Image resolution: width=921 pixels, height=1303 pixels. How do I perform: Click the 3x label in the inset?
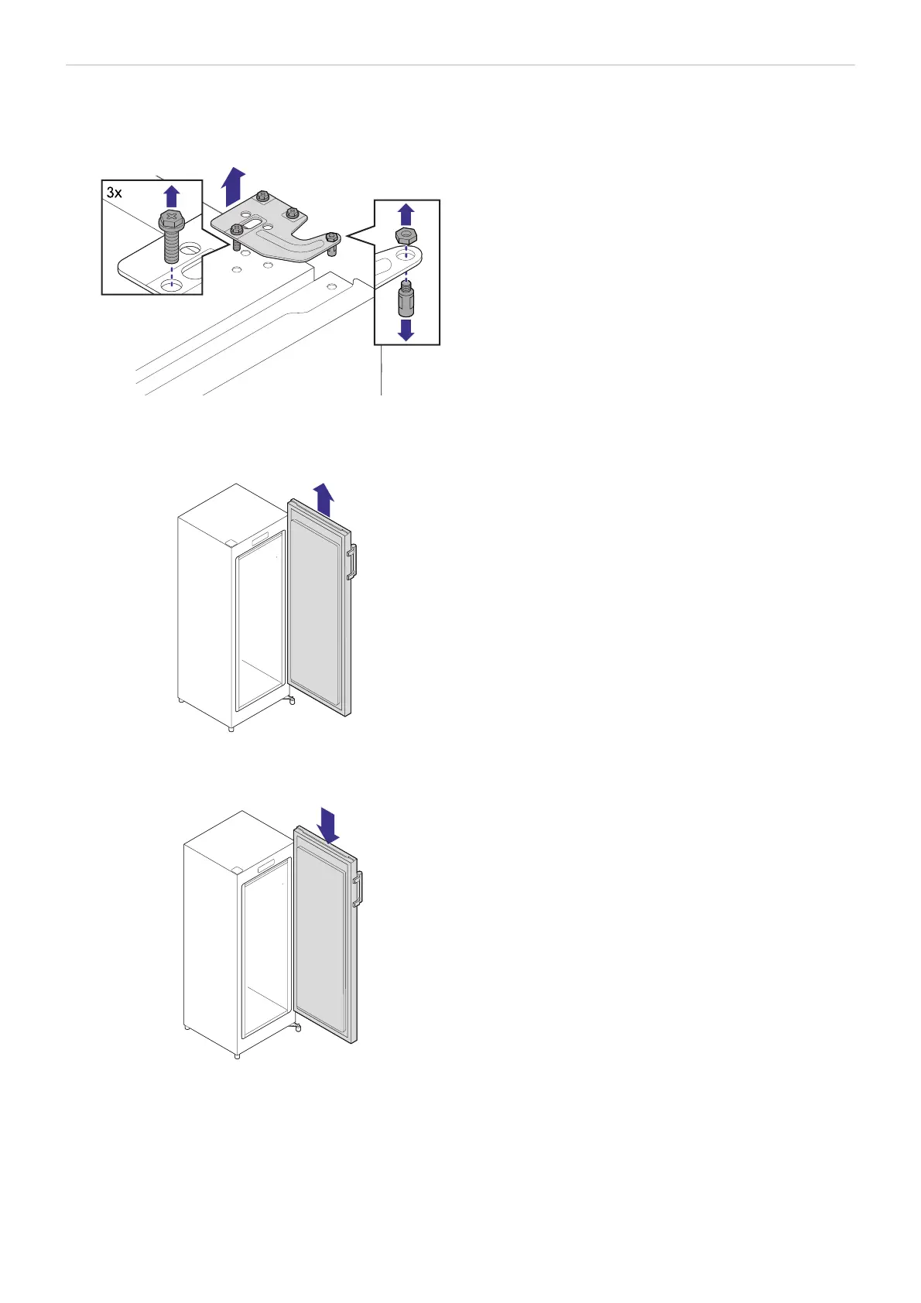click(114, 193)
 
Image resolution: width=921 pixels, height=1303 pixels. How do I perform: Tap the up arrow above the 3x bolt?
click(172, 196)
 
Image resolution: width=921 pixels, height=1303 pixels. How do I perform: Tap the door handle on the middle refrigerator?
click(351, 562)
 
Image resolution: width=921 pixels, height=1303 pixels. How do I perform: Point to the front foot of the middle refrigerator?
click(231, 729)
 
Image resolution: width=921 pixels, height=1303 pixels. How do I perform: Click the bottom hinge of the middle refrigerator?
click(292, 700)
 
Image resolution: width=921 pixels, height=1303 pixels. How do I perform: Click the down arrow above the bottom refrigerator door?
click(329, 827)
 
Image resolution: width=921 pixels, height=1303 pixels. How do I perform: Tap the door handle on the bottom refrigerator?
click(358, 889)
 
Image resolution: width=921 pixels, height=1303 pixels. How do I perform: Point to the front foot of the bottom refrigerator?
click(237, 1055)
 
